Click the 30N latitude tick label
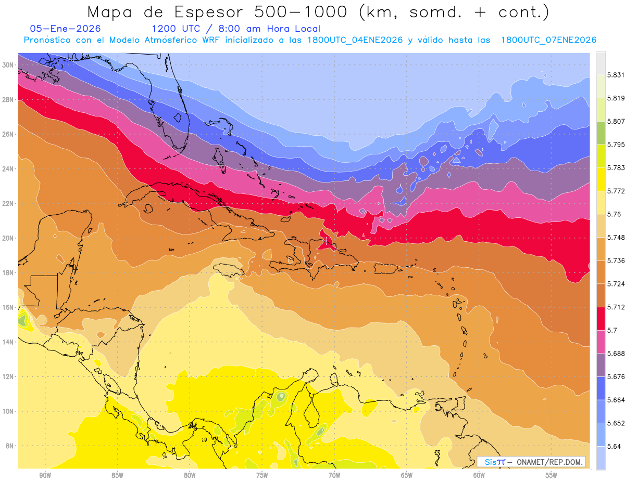8,65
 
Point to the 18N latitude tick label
8,272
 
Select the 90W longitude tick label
45,475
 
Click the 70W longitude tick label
334,475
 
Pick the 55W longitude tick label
552,475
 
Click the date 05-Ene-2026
66,29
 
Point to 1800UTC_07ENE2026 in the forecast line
548,40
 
